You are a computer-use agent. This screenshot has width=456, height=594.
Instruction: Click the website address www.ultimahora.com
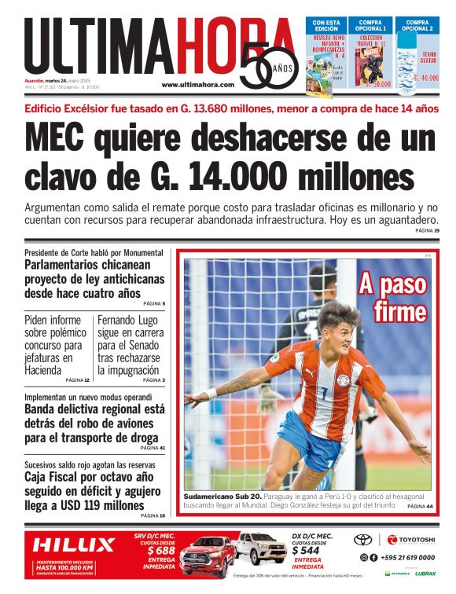point(197,85)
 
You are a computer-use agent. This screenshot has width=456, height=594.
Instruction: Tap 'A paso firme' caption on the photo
point(392,298)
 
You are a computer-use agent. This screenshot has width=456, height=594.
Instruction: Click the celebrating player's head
point(338,323)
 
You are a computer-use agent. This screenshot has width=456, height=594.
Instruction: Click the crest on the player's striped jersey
point(344,380)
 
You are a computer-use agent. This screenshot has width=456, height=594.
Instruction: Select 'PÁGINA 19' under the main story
point(427,230)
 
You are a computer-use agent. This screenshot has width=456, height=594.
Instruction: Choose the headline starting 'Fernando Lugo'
point(129,345)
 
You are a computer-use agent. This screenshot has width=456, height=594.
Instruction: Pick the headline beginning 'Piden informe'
point(55,345)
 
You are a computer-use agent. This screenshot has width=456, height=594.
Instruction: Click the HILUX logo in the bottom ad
point(73,544)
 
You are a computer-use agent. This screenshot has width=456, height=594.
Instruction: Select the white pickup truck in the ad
point(261,548)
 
